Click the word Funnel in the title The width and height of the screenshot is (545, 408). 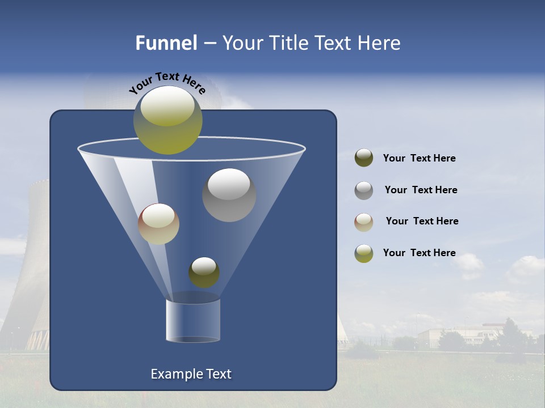click(166, 43)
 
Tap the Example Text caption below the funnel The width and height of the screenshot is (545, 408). click(191, 374)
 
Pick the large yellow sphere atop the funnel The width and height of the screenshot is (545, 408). click(167, 120)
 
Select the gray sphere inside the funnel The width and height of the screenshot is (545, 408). click(229, 195)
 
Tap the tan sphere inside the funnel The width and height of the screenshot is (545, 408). click(158, 224)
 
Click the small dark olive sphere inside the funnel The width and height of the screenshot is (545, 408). click(204, 273)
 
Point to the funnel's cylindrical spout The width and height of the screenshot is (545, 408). click(193, 320)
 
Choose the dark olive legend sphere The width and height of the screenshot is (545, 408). click(364, 158)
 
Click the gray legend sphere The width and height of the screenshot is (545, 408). click(364, 190)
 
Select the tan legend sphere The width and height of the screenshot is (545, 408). click(364, 222)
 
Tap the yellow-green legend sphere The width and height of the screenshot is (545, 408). click(364, 253)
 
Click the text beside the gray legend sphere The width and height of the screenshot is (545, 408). click(421, 190)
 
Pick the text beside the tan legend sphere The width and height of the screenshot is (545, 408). click(422, 221)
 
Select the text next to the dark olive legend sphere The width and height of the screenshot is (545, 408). click(419, 158)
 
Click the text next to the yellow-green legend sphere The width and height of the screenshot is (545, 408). click(419, 253)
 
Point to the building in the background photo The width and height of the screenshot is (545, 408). click(460, 335)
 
